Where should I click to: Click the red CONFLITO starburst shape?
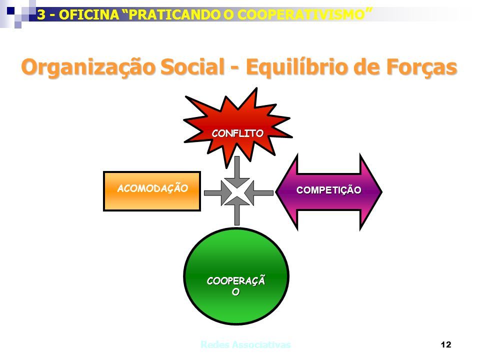point(237,128)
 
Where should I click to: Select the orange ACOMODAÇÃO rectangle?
point(152,191)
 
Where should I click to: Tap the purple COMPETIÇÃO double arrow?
point(329,191)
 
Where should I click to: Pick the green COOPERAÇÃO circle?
point(236,276)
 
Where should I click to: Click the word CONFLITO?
point(237,133)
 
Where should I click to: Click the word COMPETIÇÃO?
point(329,189)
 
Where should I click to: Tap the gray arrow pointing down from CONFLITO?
point(237,171)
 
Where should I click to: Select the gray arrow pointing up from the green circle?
point(237,210)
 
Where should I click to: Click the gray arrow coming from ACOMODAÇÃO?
point(218,193)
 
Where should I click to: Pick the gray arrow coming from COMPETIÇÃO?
point(258,193)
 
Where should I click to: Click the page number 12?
point(446,344)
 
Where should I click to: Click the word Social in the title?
point(192,66)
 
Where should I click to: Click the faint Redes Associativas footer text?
point(245,344)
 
